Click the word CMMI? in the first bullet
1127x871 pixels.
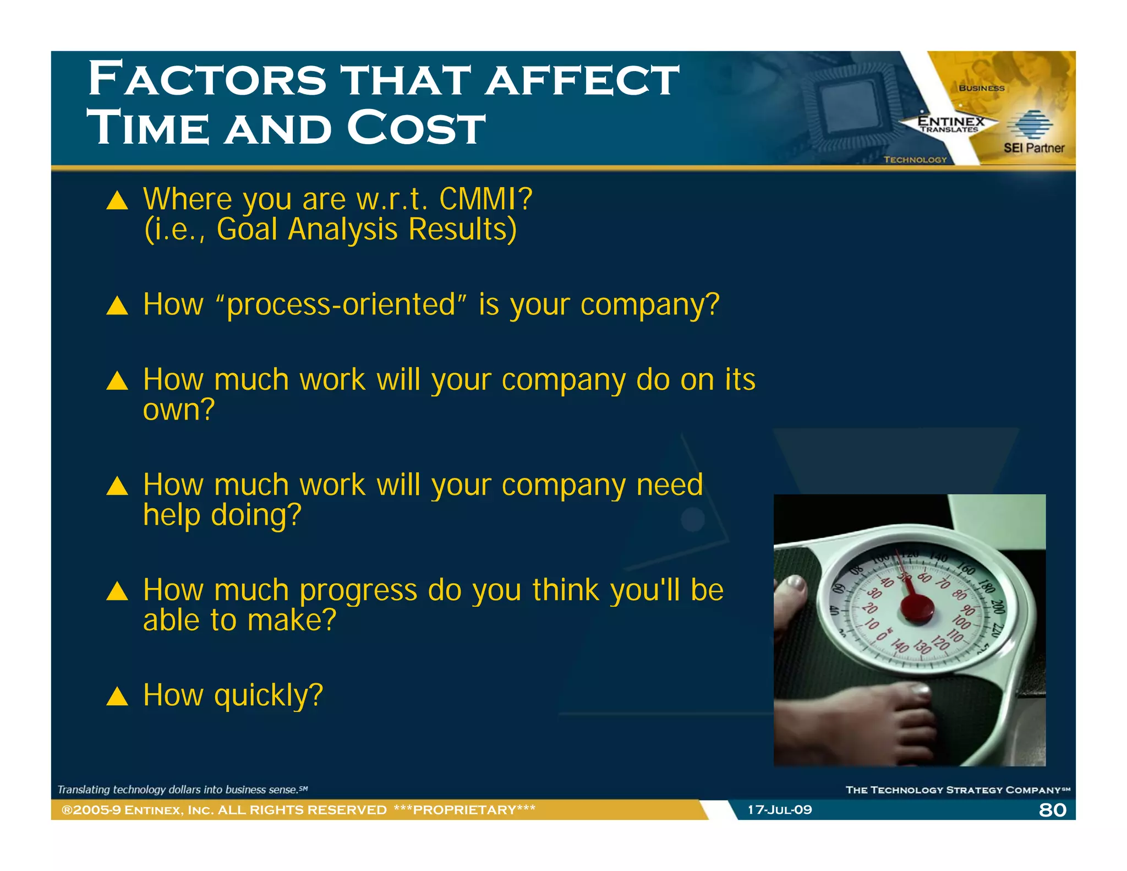(485, 199)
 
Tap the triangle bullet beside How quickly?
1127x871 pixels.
(117, 696)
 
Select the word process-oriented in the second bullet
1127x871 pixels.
(341, 304)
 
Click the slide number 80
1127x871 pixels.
(1052, 810)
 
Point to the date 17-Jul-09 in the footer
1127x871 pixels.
(779, 810)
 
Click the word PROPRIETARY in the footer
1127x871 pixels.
(464, 810)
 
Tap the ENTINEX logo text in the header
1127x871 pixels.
(951, 121)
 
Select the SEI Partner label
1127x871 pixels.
(1033, 148)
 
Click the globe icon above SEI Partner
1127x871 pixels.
(1030, 124)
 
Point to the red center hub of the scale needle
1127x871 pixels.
(917, 608)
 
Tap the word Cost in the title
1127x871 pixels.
(416, 128)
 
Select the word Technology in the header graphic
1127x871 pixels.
(915, 160)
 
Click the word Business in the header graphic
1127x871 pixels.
(981, 88)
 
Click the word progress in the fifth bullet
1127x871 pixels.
(358, 590)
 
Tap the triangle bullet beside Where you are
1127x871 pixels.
(117, 200)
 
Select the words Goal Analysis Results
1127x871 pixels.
(366, 230)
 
